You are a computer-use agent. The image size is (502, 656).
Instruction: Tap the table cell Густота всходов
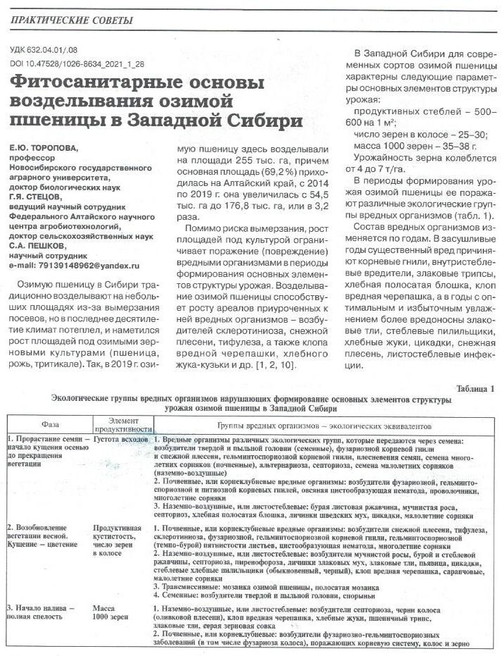(120, 439)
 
